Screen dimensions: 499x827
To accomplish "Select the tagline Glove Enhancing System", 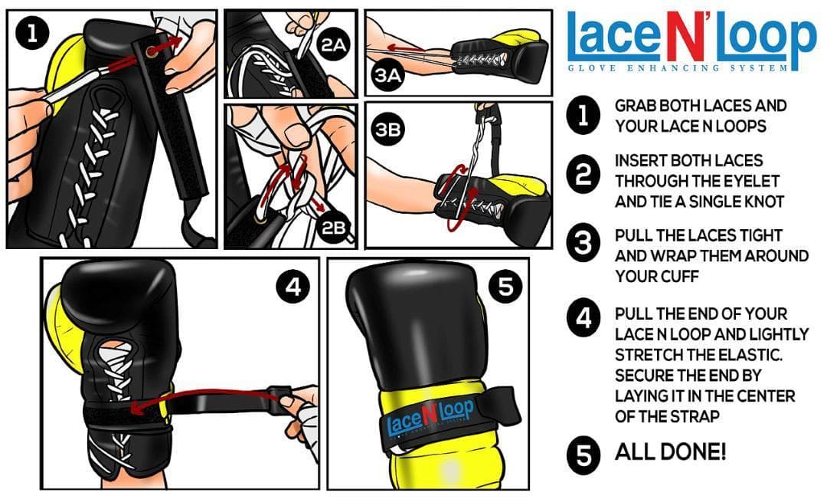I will [x=677, y=68].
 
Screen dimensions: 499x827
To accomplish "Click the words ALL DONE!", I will [x=670, y=452].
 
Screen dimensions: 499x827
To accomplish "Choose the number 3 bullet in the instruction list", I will [x=583, y=245].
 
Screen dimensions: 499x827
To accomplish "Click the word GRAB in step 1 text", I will [x=636, y=106].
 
